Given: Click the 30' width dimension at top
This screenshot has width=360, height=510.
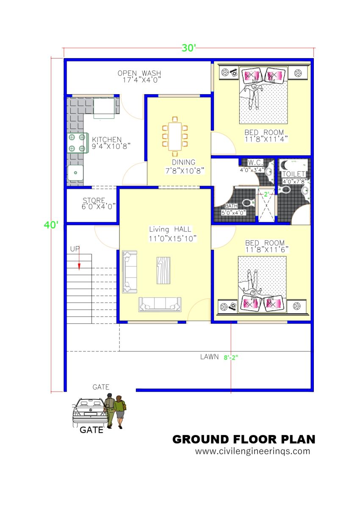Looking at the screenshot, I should click(189, 48).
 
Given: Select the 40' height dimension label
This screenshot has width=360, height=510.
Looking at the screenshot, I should click(51, 225).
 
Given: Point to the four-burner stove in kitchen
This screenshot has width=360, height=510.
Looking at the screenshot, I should click(76, 143).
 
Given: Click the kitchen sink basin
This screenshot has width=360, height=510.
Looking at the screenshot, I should click(76, 173).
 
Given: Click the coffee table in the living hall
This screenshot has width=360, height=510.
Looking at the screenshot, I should click(163, 270).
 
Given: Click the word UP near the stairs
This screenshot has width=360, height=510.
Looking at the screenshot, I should click(75, 249).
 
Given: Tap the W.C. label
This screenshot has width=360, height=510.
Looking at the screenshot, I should click(256, 162).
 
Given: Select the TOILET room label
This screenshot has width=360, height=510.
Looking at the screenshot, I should click(294, 174).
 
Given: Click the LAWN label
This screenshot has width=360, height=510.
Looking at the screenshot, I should click(209, 357).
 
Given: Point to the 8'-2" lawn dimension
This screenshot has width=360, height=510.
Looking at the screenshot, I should click(231, 357).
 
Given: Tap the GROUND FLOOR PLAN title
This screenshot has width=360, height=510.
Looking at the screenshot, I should click(244, 439).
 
